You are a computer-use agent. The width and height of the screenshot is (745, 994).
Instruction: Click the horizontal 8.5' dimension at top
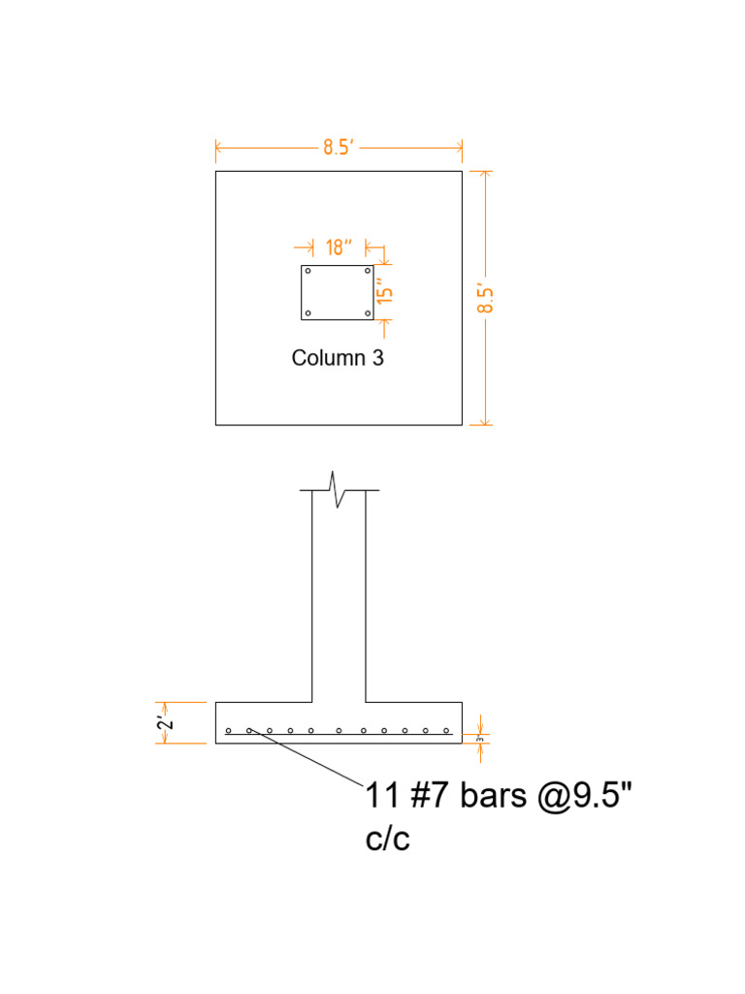pos(338,148)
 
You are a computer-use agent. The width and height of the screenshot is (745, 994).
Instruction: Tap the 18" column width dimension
pos(337,247)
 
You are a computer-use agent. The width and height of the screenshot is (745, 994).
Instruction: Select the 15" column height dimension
pos(385,292)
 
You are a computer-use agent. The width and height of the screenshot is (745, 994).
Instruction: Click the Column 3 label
pos(338,357)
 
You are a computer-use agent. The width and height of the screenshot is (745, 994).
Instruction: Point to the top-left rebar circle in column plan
pos(308,271)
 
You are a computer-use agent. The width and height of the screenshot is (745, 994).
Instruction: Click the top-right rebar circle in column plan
pos(368,271)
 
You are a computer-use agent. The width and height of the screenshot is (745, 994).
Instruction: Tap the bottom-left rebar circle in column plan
pos(308,313)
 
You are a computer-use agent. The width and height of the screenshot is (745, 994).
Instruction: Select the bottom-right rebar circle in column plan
pos(368,313)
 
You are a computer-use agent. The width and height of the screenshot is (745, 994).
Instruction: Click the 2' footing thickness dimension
pos(167,722)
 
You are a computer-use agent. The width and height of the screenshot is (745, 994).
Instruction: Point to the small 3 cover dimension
pos(479,738)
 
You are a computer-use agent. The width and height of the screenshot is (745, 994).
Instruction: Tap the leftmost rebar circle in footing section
pos(229,730)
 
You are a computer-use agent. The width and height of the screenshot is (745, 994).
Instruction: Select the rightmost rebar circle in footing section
pos(447,730)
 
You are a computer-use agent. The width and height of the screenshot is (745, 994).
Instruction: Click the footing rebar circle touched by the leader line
pos(249,730)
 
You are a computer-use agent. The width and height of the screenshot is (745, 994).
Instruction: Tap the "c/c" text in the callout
pos(388,839)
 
